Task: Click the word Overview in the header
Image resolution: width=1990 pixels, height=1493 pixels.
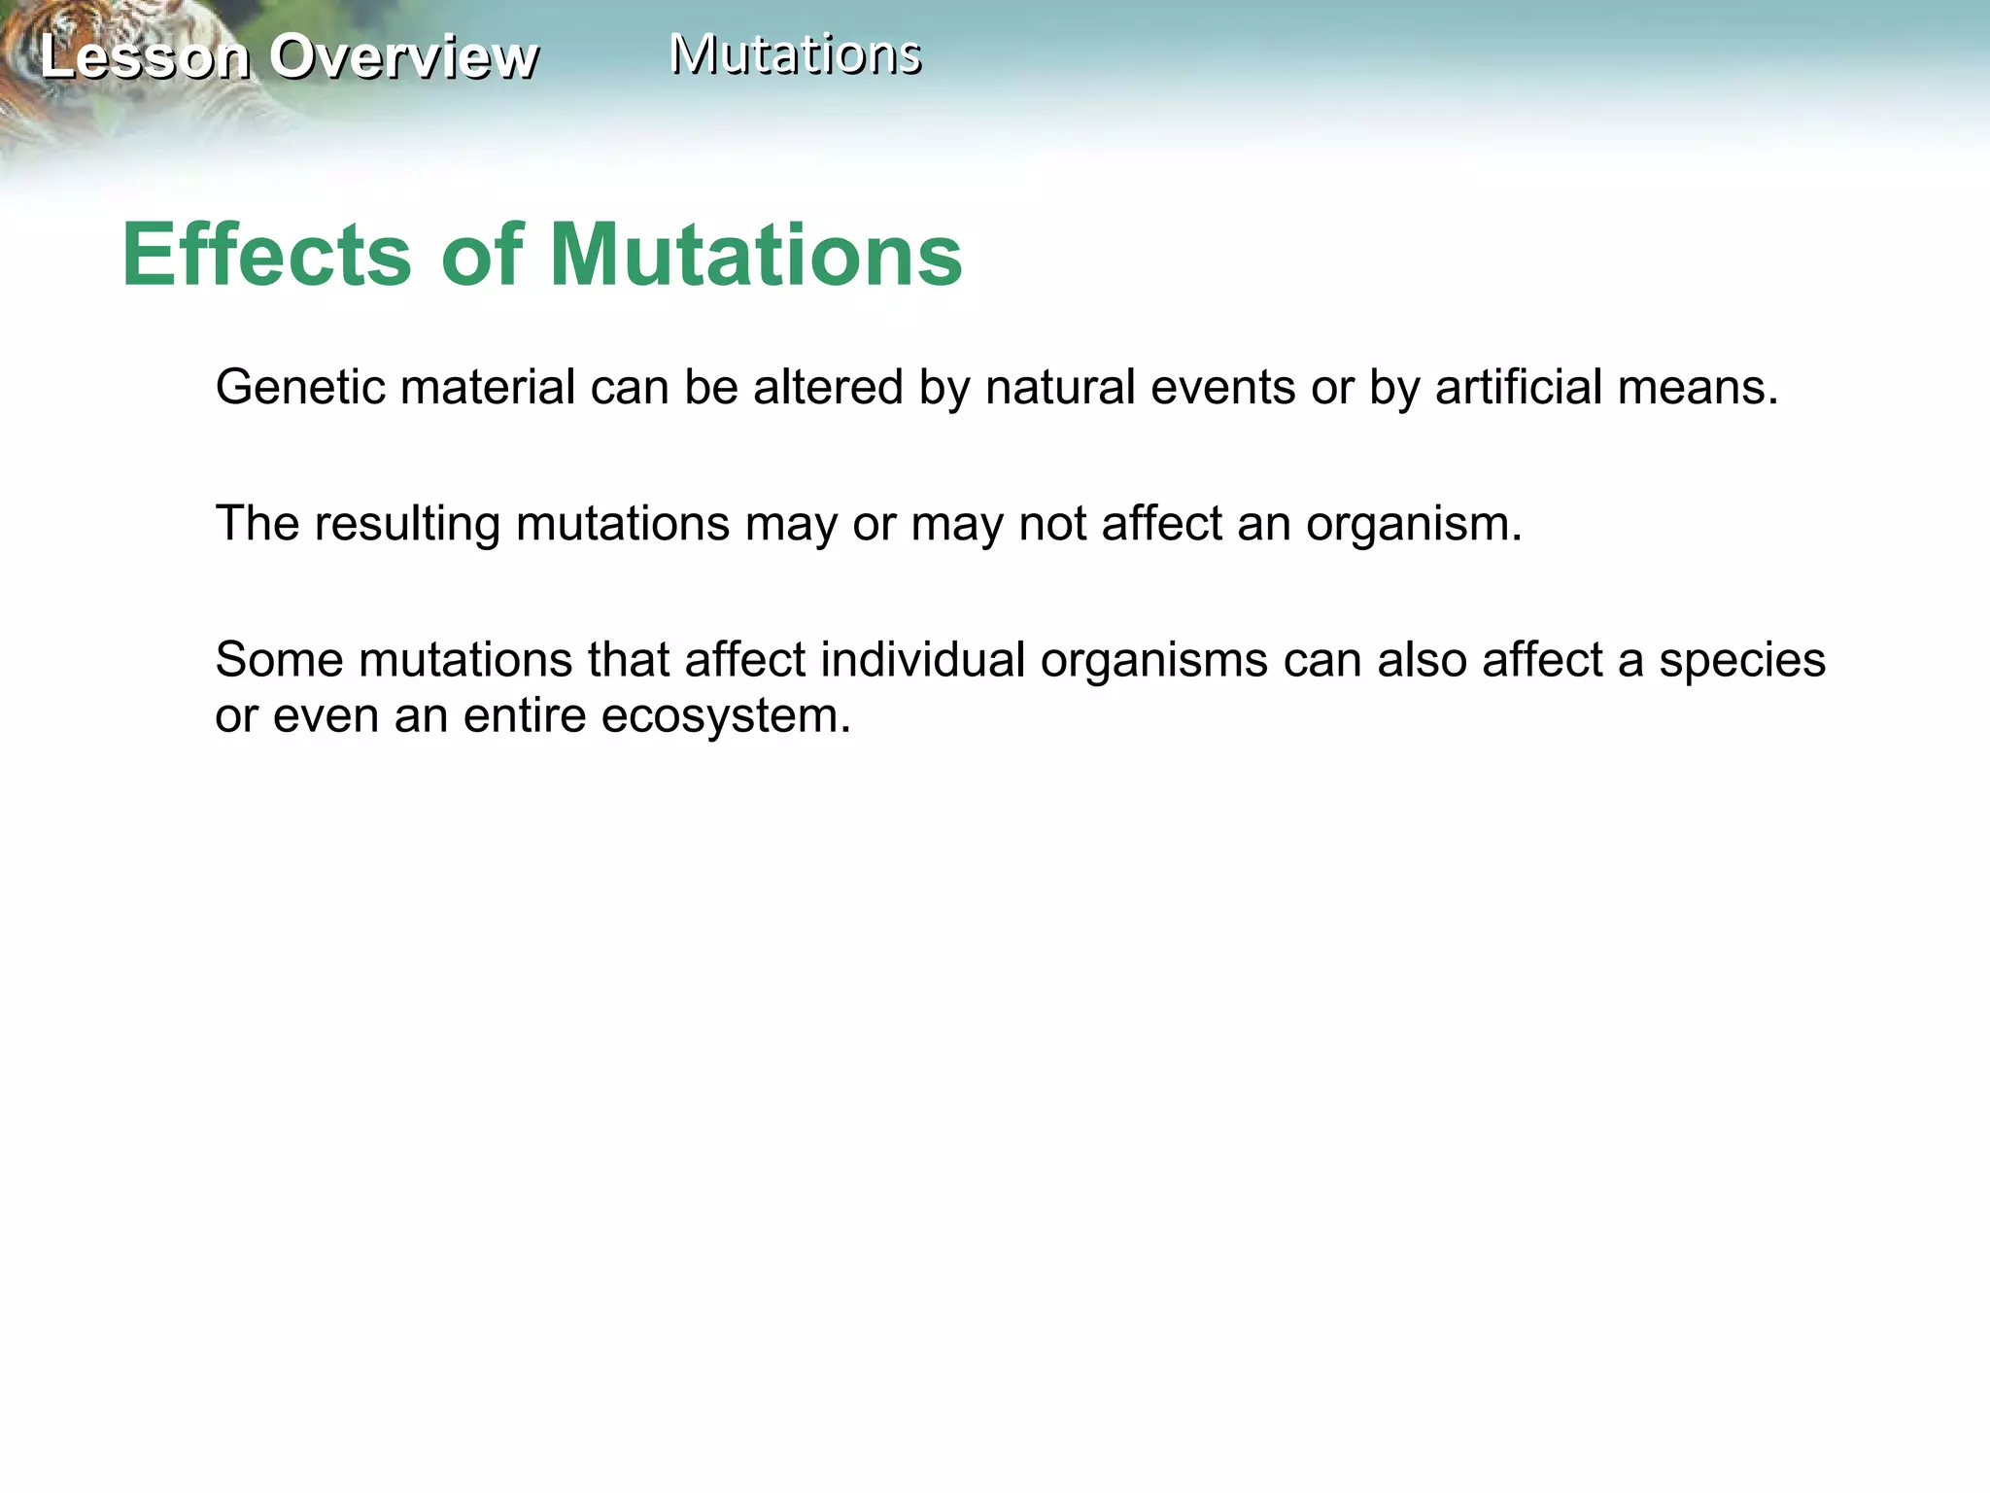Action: [402, 56]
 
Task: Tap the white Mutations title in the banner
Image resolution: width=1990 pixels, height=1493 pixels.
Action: [795, 53]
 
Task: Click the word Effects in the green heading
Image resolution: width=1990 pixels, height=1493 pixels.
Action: [267, 255]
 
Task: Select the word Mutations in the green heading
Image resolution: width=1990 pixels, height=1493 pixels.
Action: [756, 255]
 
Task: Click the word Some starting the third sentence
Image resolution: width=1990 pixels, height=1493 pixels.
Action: [279, 659]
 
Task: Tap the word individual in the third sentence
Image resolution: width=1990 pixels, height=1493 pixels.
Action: [922, 659]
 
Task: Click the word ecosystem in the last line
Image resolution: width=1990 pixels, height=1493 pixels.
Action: [723, 717]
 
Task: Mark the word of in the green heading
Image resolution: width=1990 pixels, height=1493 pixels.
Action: [482, 255]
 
